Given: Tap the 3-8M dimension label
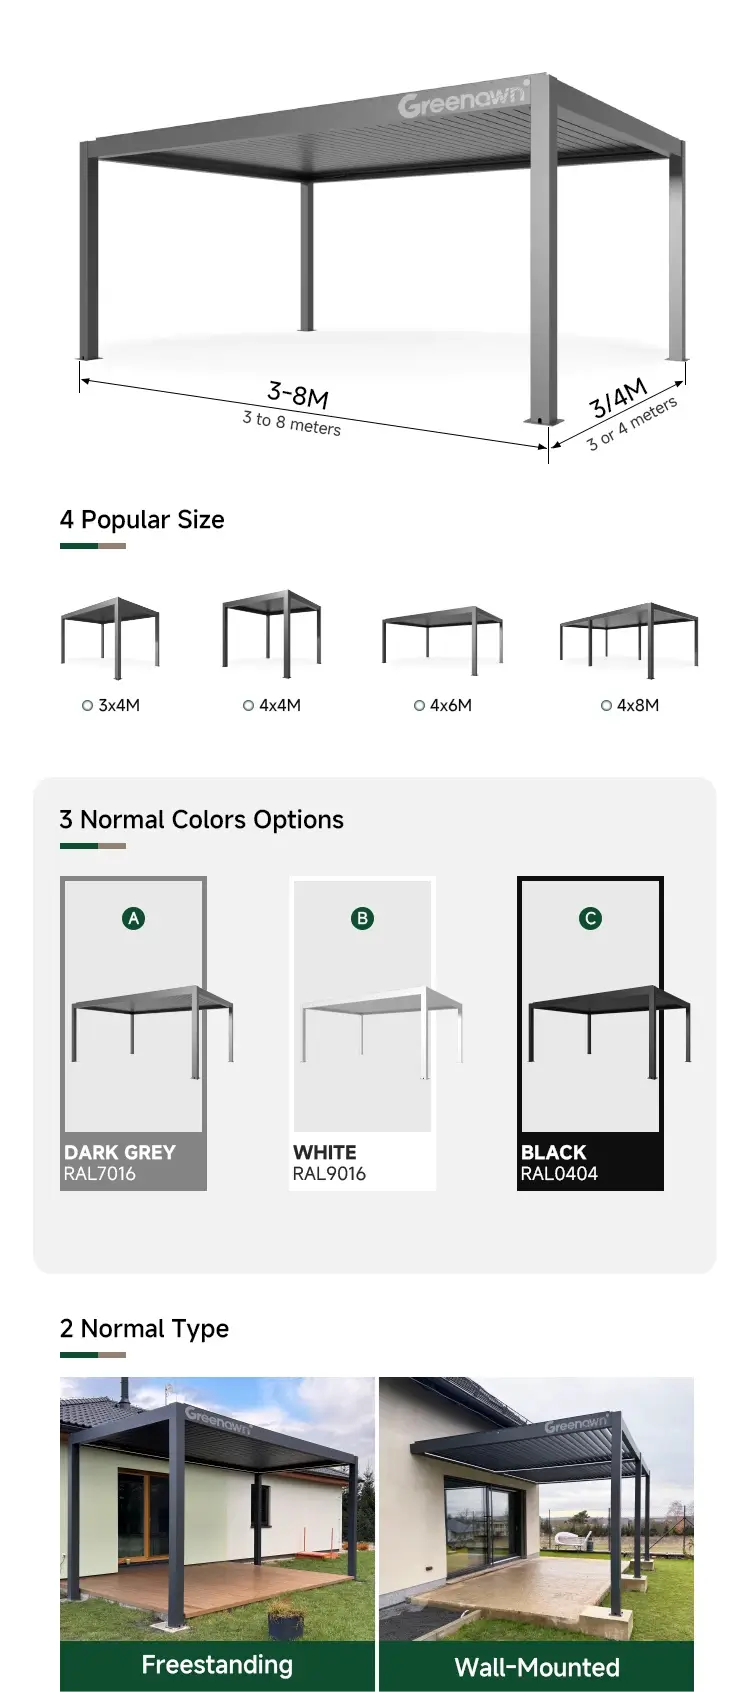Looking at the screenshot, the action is point(298,394).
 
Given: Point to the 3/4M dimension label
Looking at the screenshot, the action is point(618,398).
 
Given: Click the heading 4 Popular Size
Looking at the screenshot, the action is point(142,520).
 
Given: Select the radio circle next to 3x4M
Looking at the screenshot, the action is point(88,706).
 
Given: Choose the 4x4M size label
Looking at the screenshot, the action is point(279,706).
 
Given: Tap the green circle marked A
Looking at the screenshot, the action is point(134,919).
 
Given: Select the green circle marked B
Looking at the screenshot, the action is point(363,919).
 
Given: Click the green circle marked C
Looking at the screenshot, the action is point(591,919).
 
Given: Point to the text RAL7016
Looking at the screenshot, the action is point(100,1174).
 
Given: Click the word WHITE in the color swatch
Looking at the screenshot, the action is point(325,1153).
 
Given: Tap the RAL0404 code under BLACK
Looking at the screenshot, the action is point(559,1174).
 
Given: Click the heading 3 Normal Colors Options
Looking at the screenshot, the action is point(202,820).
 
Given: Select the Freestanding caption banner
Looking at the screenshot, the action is point(218,1665).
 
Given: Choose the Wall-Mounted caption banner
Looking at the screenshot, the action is point(536,1666).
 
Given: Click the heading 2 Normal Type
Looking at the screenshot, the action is point(144,1329).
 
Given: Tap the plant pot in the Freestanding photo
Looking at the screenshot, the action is point(285,1616).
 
